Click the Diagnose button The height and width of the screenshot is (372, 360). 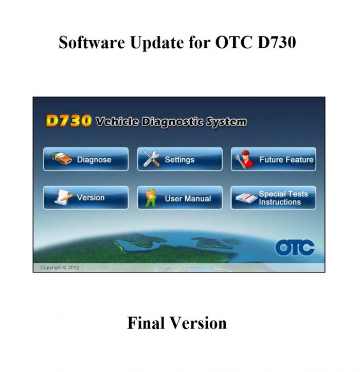[86, 159]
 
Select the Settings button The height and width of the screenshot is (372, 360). [179, 159]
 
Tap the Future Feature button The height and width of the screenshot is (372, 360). [273, 159]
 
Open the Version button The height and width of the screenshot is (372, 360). [86, 198]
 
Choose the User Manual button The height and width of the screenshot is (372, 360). [179, 198]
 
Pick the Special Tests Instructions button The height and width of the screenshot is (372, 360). [273, 198]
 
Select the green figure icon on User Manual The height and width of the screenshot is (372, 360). [151, 198]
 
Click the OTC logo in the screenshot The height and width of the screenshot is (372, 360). [295, 248]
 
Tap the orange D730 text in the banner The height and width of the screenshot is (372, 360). [68, 121]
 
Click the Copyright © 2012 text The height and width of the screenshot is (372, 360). [60, 268]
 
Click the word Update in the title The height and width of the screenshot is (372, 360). [152, 42]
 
